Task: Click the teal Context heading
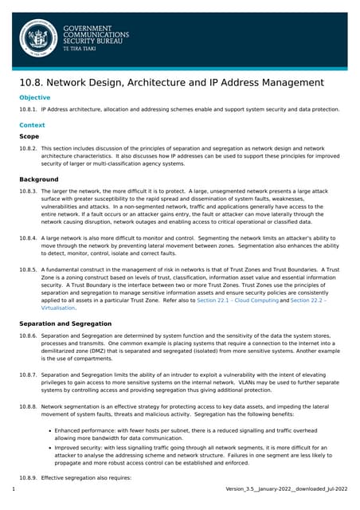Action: point(33,125)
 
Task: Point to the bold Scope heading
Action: point(29,136)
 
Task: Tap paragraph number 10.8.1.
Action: point(28,109)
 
